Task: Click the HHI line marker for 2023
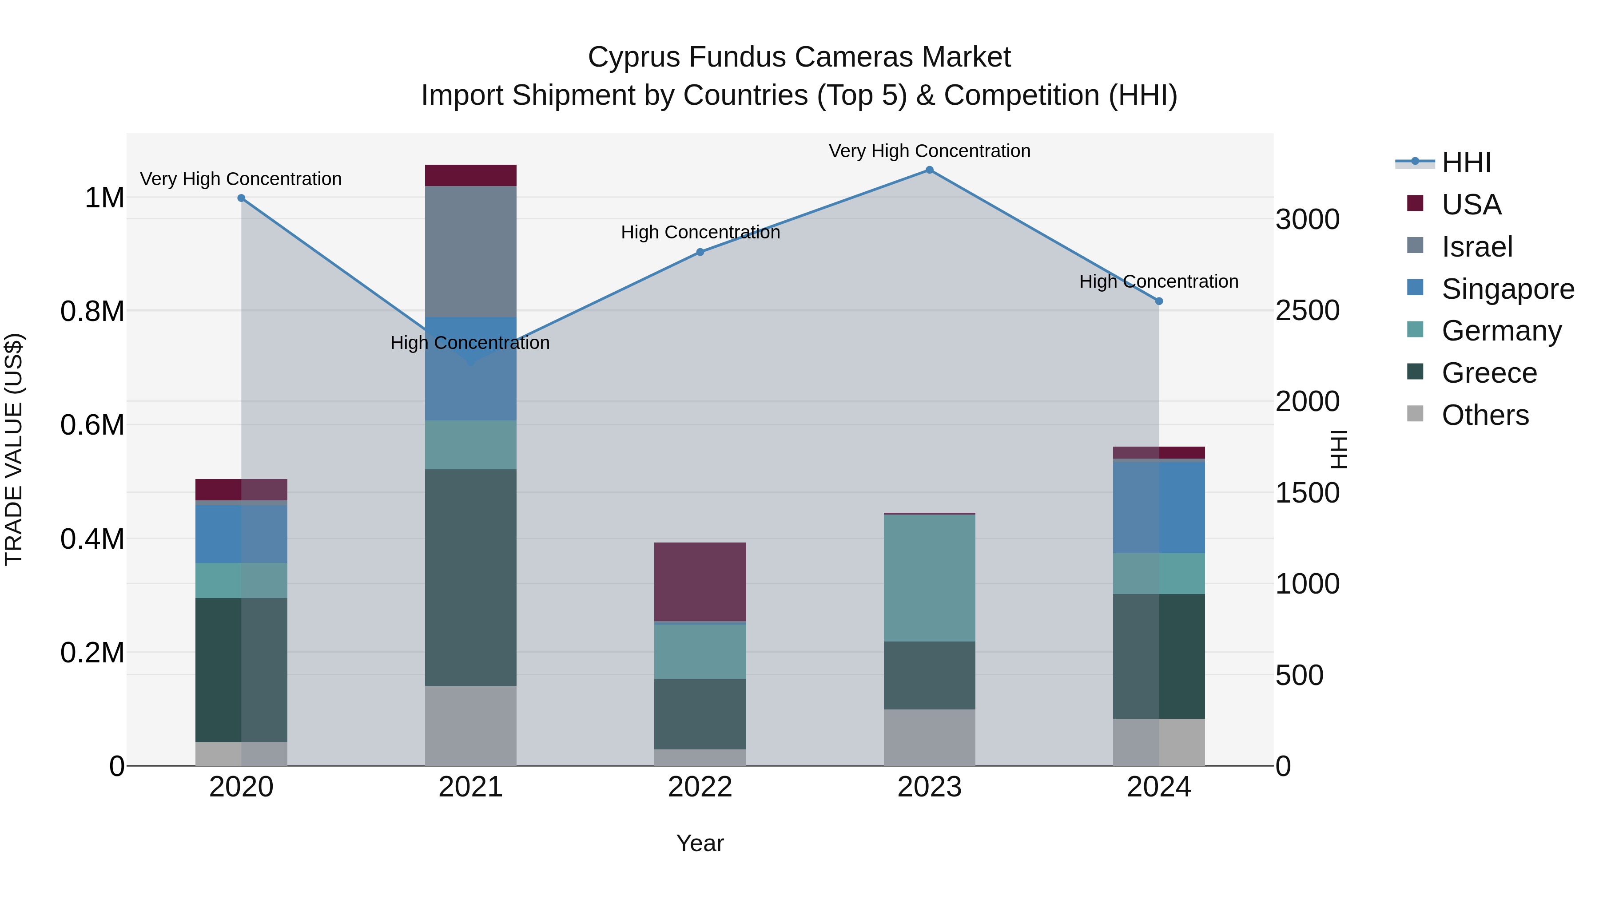click(x=929, y=170)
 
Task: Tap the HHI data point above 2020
click(x=242, y=198)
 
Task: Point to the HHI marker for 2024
click(x=1159, y=301)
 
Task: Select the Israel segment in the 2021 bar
click(x=470, y=251)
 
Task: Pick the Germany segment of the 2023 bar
click(x=929, y=578)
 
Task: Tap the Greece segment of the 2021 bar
click(x=470, y=577)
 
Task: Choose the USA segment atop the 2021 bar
click(x=470, y=175)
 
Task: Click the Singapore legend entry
click(x=1507, y=289)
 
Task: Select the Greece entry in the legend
click(x=1488, y=373)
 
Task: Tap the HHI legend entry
click(x=1466, y=162)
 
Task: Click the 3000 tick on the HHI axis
click(x=1307, y=220)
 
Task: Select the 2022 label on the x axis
click(x=700, y=787)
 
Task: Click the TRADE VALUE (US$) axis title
click(x=14, y=449)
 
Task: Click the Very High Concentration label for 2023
click(x=929, y=151)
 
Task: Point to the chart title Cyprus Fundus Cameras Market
click(x=799, y=57)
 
